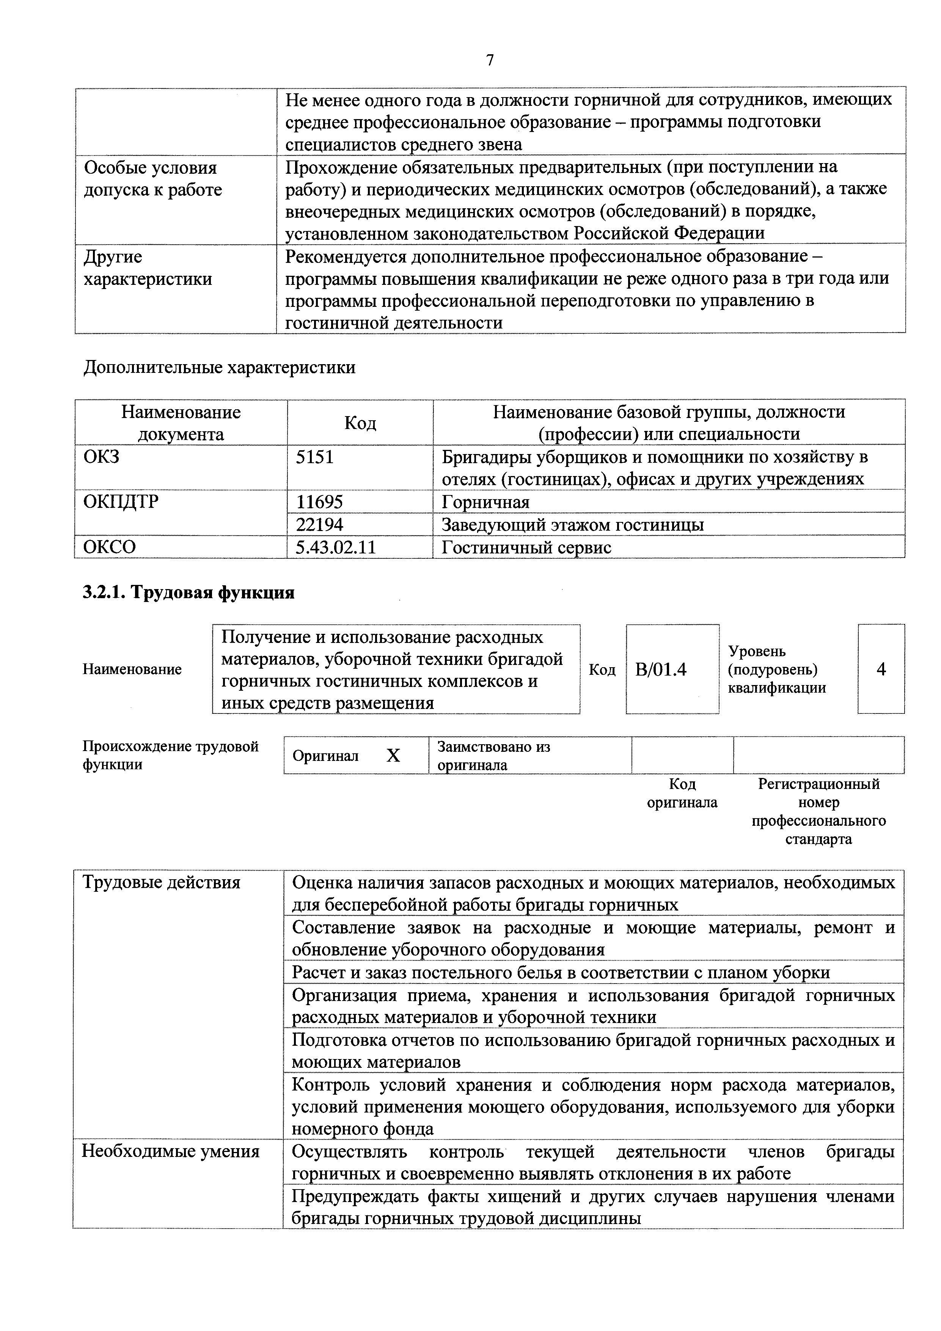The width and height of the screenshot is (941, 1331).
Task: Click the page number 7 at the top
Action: pos(490,60)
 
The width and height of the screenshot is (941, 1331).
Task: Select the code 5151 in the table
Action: pos(314,457)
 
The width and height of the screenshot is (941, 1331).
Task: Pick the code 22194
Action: pos(319,525)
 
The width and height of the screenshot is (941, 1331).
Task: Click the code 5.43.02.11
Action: pos(335,547)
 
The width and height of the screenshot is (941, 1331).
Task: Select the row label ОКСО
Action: pos(110,547)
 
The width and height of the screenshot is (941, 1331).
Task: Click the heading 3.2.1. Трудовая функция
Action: pos(189,592)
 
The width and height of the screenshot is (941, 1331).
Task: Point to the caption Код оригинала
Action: pos(682,793)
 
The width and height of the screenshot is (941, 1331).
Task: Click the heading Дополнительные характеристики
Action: pos(219,368)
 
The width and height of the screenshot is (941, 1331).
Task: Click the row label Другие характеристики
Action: pos(148,268)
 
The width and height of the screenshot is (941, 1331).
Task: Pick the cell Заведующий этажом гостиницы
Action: pos(572,525)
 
